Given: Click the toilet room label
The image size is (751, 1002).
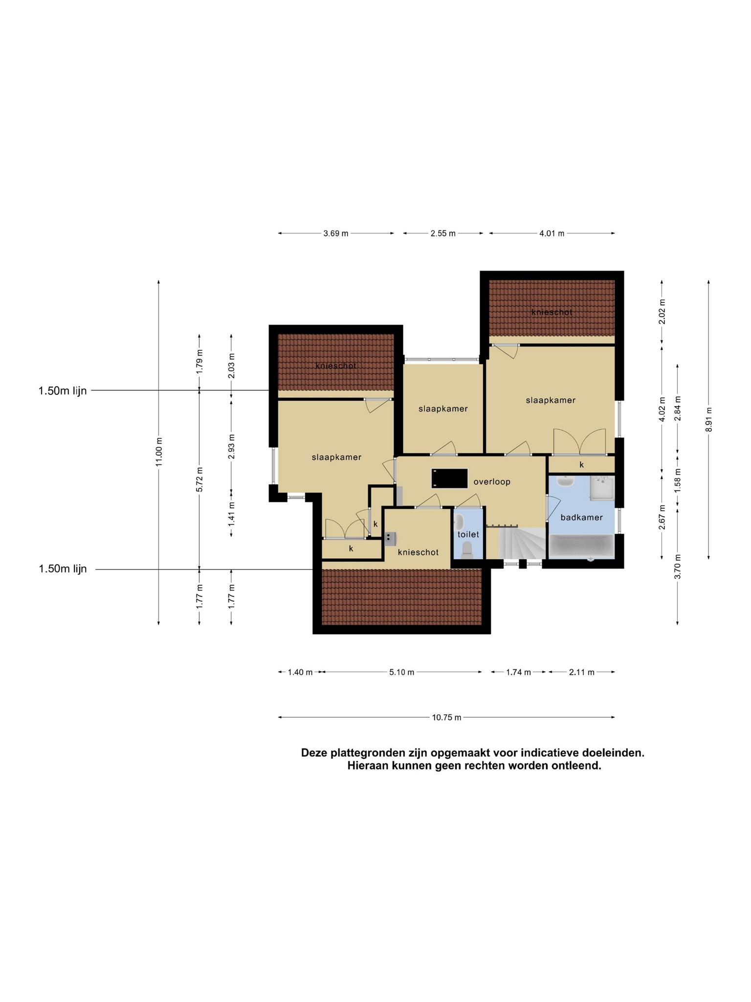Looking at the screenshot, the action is point(468,535).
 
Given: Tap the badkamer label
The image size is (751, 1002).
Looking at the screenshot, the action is point(581,517).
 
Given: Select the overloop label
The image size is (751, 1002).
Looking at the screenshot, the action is point(492,482).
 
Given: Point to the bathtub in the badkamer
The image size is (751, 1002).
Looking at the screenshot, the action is point(581,546).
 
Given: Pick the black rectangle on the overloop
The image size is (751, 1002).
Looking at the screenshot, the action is point(449,478).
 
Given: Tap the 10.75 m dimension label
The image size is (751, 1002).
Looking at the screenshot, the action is point(446,718).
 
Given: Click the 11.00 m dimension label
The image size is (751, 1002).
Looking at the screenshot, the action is point(158,453).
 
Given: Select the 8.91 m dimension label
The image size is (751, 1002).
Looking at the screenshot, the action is point(708,419).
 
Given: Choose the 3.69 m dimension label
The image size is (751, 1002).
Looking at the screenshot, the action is point(336,233).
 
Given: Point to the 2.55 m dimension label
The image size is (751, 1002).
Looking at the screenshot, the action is point(443,233).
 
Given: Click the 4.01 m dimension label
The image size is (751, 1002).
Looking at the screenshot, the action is point(552,233).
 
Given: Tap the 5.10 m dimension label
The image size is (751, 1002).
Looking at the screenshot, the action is point(402,672).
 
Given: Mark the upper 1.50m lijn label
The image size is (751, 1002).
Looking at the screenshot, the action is point(63,391).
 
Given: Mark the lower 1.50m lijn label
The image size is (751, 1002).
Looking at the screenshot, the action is point(63,569).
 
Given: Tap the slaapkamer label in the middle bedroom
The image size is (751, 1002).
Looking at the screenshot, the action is point(443,409).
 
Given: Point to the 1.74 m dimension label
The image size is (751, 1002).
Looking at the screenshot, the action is point(518,672).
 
